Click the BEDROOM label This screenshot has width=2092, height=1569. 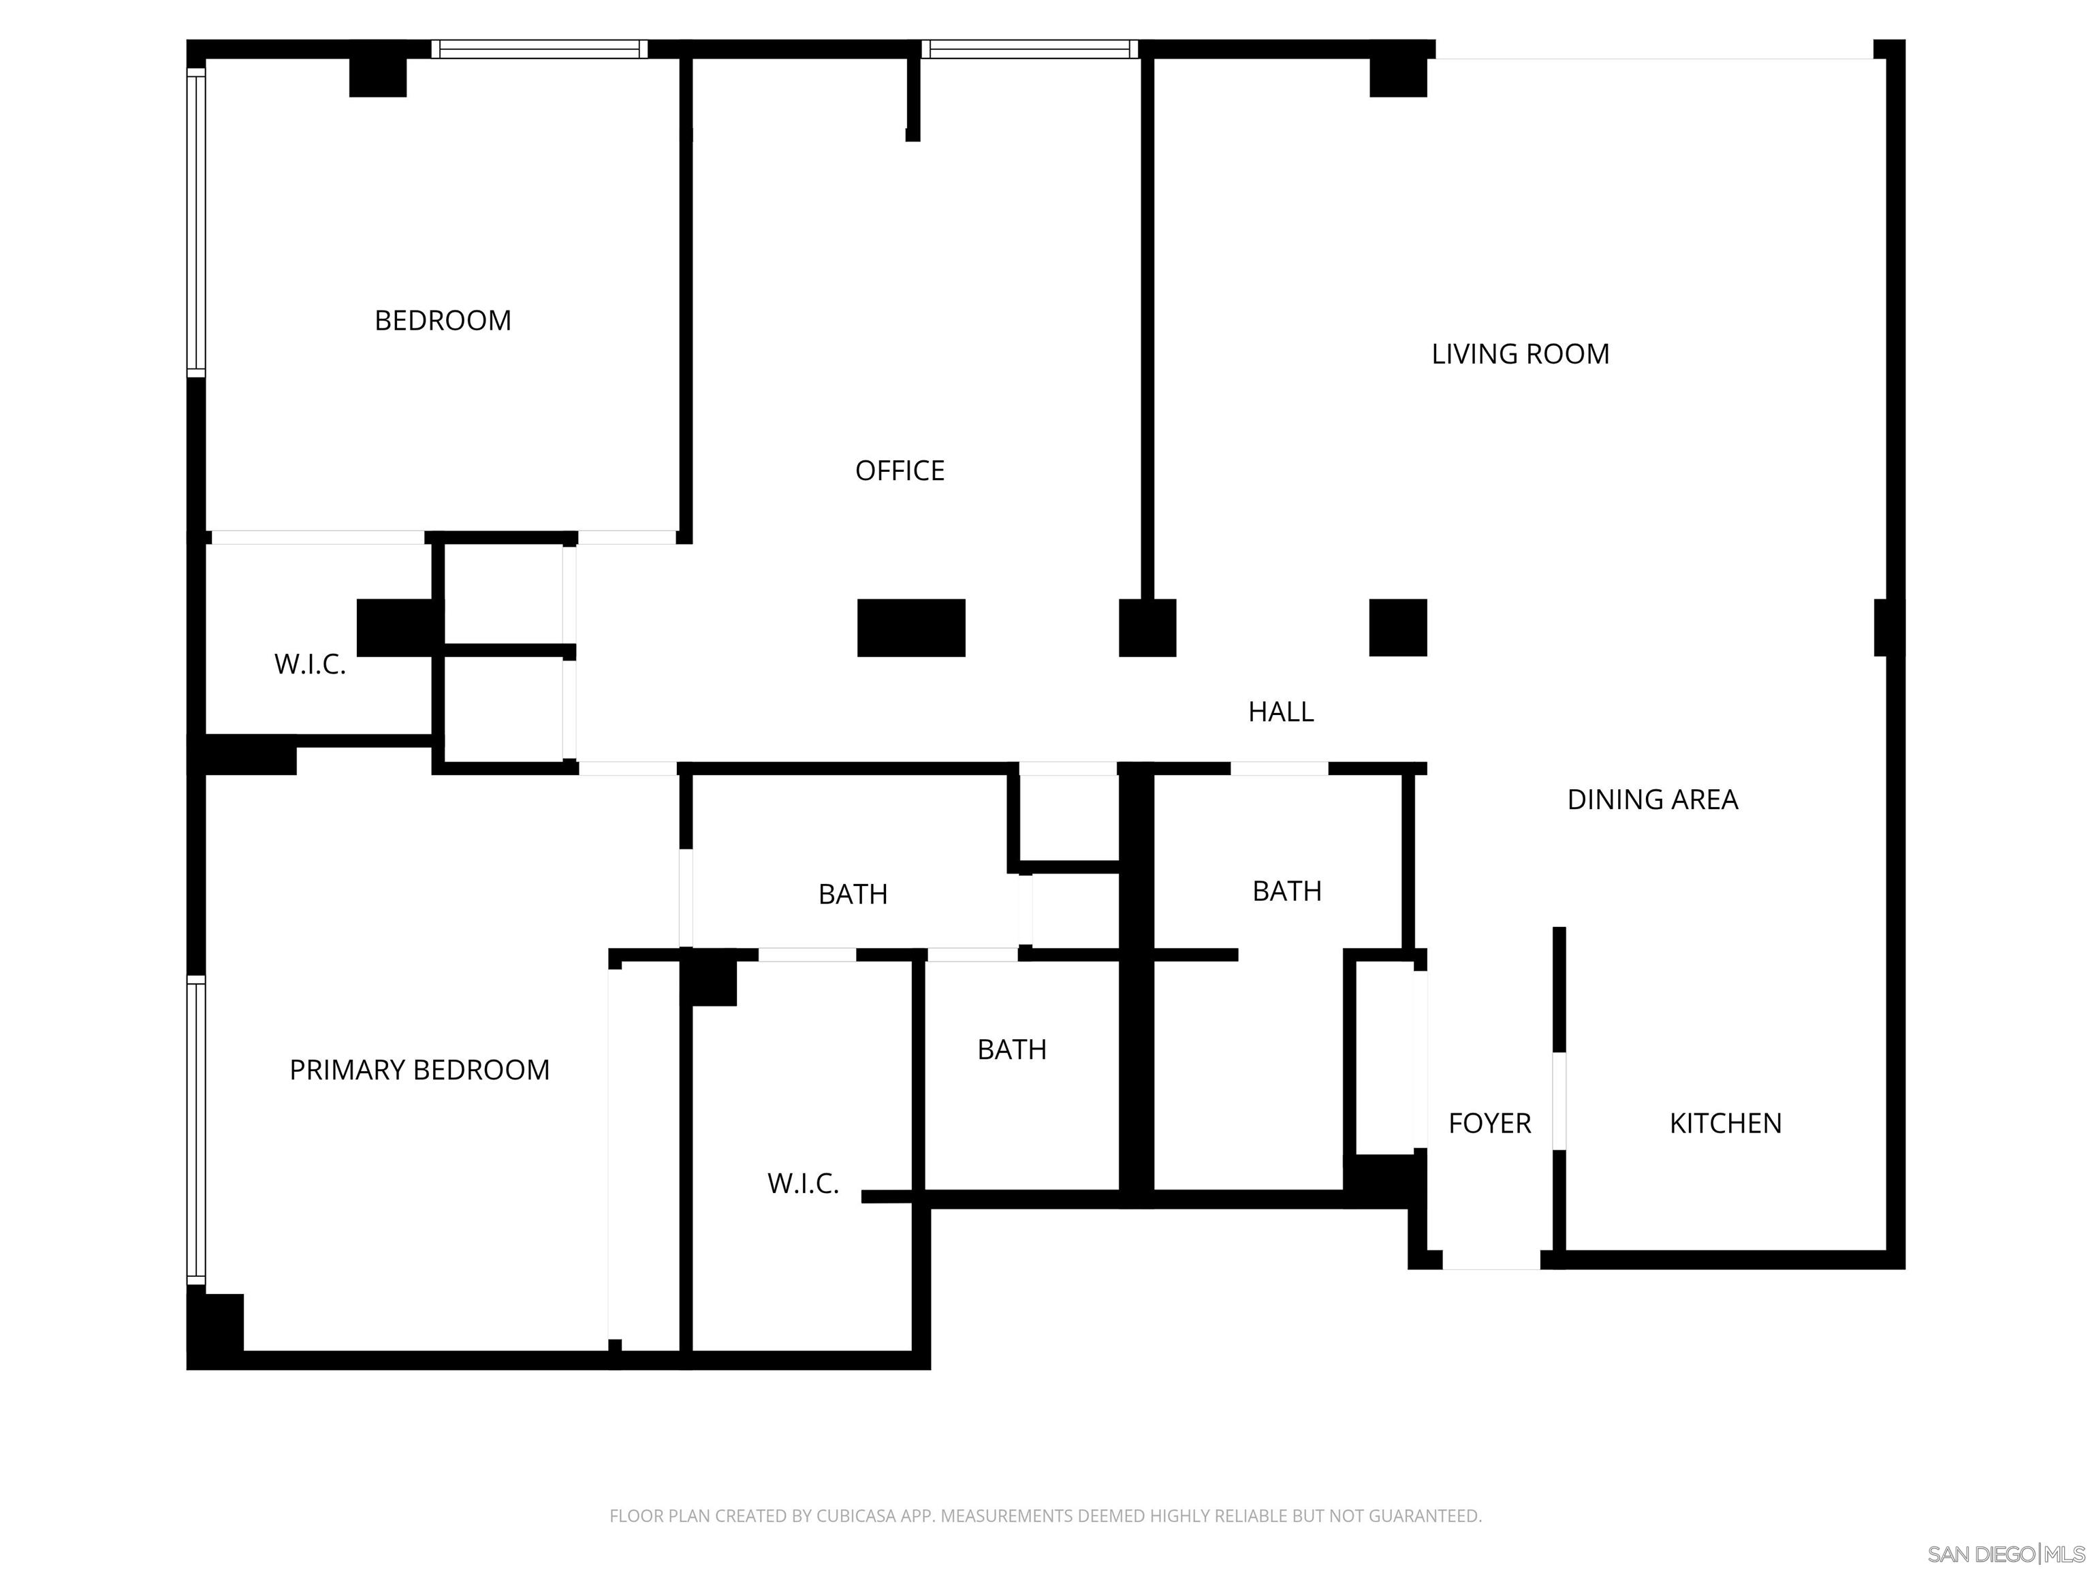[x=443, y=321]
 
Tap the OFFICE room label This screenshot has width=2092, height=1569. [x=900, y=470]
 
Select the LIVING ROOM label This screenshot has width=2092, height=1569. [x=1520, y=353]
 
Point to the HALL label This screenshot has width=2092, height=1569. [x=1280, y=711]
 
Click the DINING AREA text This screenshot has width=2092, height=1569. [x=1652, y=799]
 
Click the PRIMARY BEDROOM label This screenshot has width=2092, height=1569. [x=419, y=1070]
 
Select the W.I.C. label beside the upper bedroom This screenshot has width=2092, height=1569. [x=311, y=664]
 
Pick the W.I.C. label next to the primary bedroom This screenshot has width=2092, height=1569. [x=803, y=1183]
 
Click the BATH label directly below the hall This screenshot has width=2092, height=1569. [x=852, y=893]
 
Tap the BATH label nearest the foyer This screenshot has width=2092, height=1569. [x=1286, y=890]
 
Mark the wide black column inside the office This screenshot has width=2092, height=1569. [x=910, y=627]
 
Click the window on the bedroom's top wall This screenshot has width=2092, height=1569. [x=540, y=49]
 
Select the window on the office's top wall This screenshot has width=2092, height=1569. [x=1029, y=49]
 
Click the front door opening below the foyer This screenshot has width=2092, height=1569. [x=1491, y=1260]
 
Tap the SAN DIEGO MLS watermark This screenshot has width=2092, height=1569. [x=2005, y=1554]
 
